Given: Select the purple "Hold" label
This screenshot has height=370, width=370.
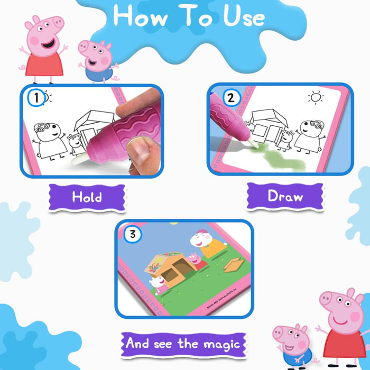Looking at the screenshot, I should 87,197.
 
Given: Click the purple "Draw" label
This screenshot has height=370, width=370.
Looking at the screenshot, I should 285,197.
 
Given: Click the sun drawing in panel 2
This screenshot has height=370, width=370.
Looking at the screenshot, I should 316,97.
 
